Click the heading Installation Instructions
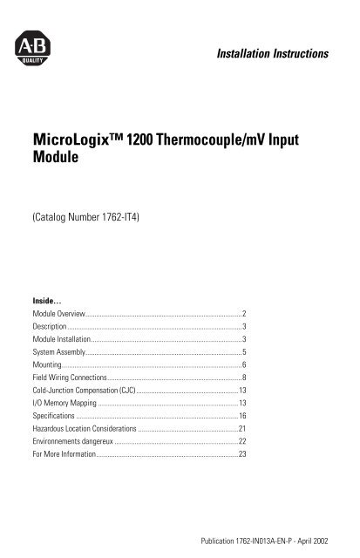click(x=264, y=54)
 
